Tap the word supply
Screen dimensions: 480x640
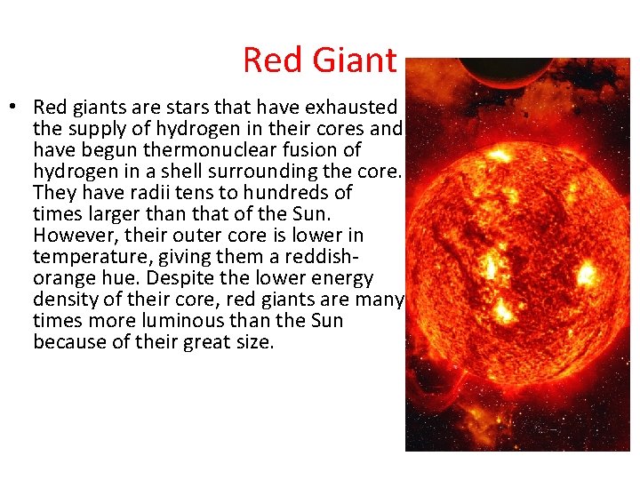tap(98, 129)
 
